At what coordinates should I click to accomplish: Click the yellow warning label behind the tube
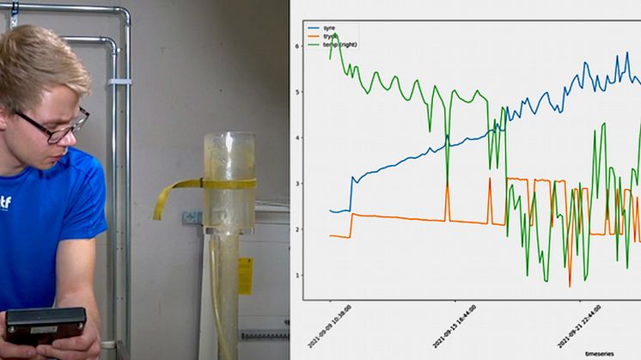click(246, 275)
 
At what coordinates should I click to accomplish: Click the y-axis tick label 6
click(296, 46)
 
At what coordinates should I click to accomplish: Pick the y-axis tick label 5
click(296, 92)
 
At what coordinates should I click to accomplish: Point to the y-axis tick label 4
click(296, 137)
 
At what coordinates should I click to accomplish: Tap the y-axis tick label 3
click(296, 184)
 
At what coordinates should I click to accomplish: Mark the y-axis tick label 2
click(296, 229)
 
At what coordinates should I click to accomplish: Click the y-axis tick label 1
click(296, 275)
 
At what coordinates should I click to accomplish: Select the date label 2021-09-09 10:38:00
click(343, 323)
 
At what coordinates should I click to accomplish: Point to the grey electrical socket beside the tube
click(192, 218)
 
